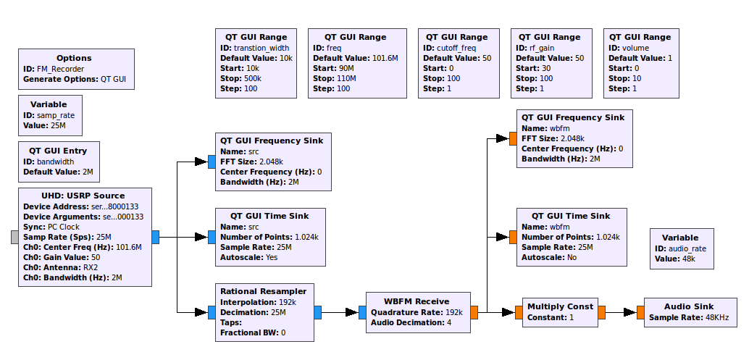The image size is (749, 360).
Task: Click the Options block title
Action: click(x=74, y=58)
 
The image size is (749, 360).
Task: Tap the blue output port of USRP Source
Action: click(x=156, y=237)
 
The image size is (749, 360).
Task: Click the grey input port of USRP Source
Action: click(x=14, y=237)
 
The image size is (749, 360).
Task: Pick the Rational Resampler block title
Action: click(x=267, y=290)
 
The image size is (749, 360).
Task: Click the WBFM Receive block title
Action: click(x=417, y=301)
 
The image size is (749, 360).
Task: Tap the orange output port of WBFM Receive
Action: click(x=474, y=312)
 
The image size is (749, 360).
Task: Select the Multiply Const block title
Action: click(x=560, y=306)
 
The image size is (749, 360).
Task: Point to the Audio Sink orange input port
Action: click(x=640, y=312)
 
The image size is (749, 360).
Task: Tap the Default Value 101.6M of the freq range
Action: click(x=355, y=58)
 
